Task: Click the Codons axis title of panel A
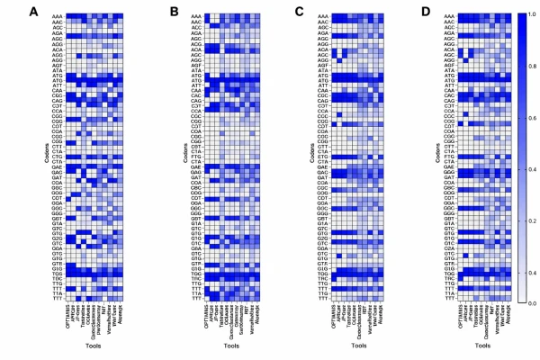[38, 159]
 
